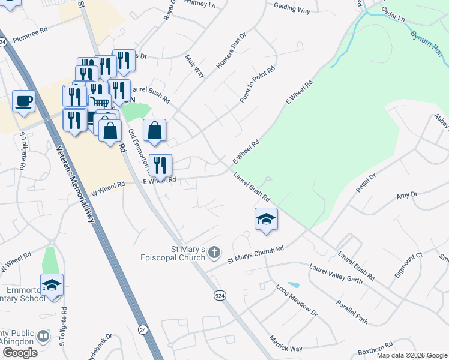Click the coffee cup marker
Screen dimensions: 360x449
click(x=23, y=101)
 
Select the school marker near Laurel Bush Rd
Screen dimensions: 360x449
click(x=266, y=219)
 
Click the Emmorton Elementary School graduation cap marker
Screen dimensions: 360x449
click(x=52, y=285)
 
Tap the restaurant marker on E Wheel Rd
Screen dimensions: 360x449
click(x=160, y=164)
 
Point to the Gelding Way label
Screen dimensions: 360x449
click(x=292, y=10)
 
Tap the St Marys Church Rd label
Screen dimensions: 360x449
click(x=255, y=254)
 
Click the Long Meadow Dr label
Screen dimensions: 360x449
click(x=297, y=300)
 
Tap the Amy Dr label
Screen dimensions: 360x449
click(x=406, y=196)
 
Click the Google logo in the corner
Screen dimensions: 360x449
click(x=20, y=353)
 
